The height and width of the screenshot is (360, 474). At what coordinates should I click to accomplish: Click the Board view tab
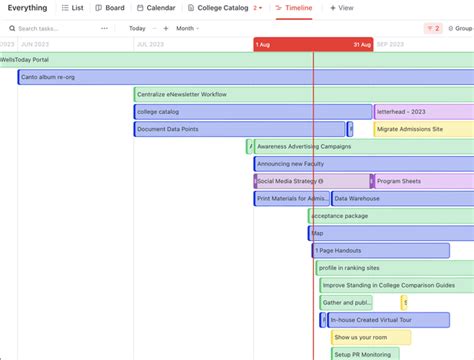coord(109,8)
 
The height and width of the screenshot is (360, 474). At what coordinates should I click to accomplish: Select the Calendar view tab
coord(155,8)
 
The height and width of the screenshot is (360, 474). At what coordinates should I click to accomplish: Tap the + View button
coord(341,8)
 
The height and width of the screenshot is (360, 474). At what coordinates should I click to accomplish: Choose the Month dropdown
coord(188,28)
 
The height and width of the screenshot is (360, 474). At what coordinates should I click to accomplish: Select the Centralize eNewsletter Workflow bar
coord(250,94)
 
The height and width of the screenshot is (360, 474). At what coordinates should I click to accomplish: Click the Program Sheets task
coord(420,181)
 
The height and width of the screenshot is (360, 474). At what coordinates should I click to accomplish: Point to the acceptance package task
coord(390,216)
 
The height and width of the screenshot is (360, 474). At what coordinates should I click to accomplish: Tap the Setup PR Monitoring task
coord(364,354)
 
